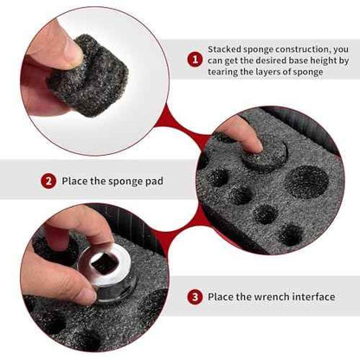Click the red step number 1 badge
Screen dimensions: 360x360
click(x=195, y=60)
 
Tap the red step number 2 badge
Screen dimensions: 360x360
click(x=48, y=181)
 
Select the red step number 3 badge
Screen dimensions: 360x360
click(x=195, y=297)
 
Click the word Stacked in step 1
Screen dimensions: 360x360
click(x=224, y=49)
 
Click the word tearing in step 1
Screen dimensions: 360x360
click(x=222, y=72)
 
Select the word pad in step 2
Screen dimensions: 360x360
click(x=155, y=182)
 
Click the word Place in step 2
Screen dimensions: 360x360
click(x=74, y=181)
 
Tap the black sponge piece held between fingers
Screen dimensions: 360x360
click(x=89, y=75)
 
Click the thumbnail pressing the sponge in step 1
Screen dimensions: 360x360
click(x=71, y=51)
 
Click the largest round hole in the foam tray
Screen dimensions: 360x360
click(x=306, y=182)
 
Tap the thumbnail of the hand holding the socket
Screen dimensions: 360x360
click(x=86, y=295)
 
